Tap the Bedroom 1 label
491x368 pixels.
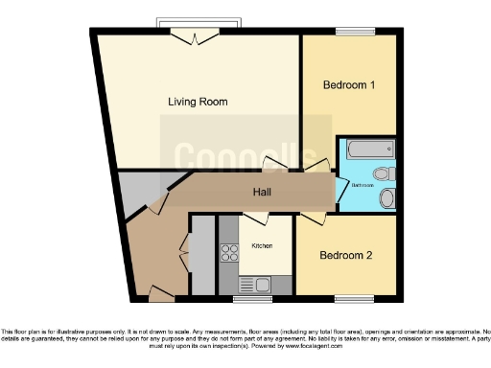348,85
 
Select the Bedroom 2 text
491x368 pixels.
346,255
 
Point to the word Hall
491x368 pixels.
261,193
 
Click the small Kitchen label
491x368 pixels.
262,245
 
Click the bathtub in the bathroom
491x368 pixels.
369,149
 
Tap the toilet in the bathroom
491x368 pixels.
384,173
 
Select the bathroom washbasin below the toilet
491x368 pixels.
386,198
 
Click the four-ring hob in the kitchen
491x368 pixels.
230,253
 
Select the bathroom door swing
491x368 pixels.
340,189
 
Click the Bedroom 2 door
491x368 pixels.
309,218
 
